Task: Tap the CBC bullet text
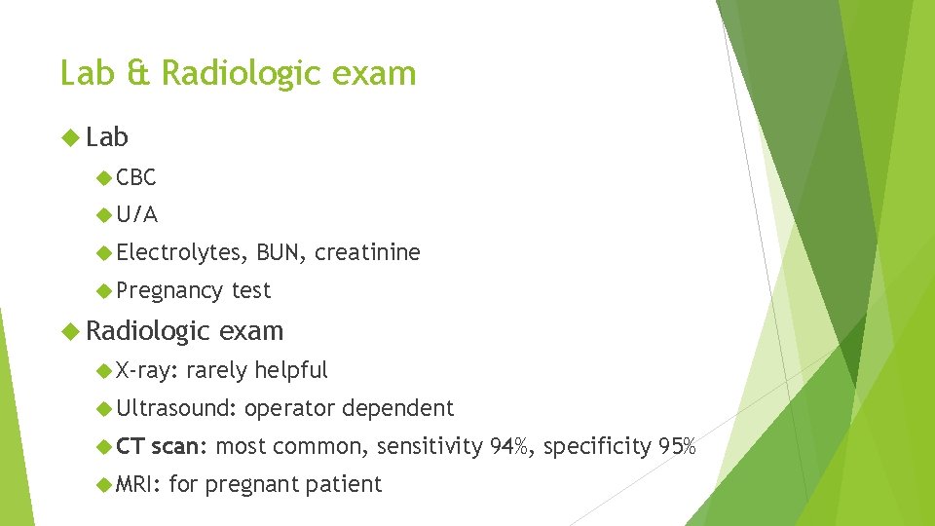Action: pyautogui.click(x=135, y=177)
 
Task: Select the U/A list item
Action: pyautogui.click(x=136, y=214)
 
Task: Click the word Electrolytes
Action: pyautogui.click(x=180, y=253)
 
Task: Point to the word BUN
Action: pyautogui.click(x=281, y=253)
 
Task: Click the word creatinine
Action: pyautogui.click(x=367, y=253)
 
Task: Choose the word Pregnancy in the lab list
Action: pyautogui.click(x=168, y=291)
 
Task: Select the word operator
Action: pyautogui.click(x=289, y=408)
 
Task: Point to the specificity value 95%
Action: pyautogui.click(x=676, y=447)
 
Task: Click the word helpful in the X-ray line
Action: pyautogui.click(x=290, y=370)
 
